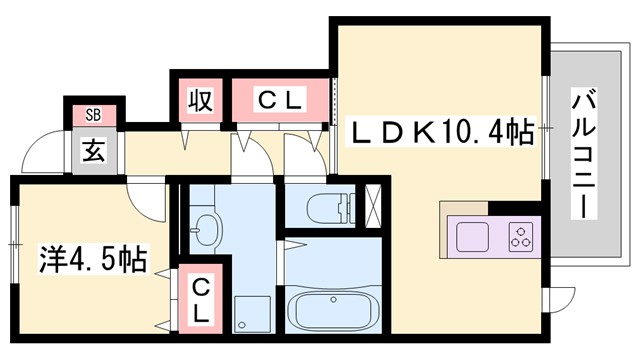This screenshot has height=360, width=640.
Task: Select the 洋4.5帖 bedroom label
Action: (93, 261)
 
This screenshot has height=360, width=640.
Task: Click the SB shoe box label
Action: (93, 113)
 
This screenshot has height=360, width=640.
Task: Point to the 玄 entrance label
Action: (93, 153)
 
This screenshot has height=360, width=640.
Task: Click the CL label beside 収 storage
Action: (280, 101)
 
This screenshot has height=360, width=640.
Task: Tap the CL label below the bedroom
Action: (201, 300)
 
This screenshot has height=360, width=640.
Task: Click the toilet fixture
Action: (320, 208)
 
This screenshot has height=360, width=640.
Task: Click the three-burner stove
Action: (522, 237)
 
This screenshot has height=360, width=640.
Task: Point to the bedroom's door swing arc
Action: (150, 205)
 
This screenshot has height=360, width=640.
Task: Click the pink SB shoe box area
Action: (93, 113)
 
